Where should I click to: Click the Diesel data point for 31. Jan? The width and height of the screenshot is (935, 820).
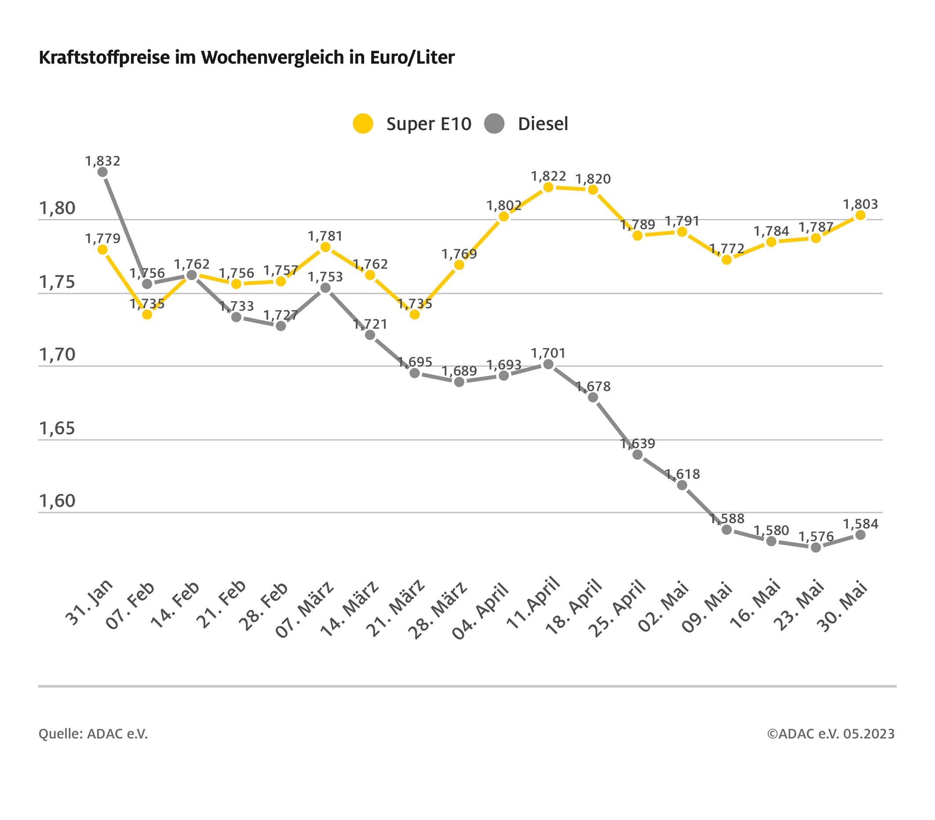point(103,172)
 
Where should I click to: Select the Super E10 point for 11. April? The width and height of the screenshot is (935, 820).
point(548,187)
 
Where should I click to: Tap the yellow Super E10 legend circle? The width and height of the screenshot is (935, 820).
point(363,124)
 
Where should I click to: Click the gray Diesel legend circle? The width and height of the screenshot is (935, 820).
point(494,124)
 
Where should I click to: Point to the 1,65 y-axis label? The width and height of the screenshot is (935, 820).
point(57,429)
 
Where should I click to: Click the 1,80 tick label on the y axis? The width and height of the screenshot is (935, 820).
point(57,208)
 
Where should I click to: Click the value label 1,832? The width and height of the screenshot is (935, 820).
point(103,161)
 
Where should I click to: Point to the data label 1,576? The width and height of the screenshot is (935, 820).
point(816,536)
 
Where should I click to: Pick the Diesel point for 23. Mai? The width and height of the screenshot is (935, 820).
point(816,547)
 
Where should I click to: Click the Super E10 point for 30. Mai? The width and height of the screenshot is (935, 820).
point(860,215)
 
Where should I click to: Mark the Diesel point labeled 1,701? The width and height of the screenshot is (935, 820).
point(548,364)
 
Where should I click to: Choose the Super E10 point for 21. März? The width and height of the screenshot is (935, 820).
point(415,314)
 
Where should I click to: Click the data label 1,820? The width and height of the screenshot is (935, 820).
point(593,179)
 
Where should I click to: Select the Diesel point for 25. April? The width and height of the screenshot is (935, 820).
point(638,455)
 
